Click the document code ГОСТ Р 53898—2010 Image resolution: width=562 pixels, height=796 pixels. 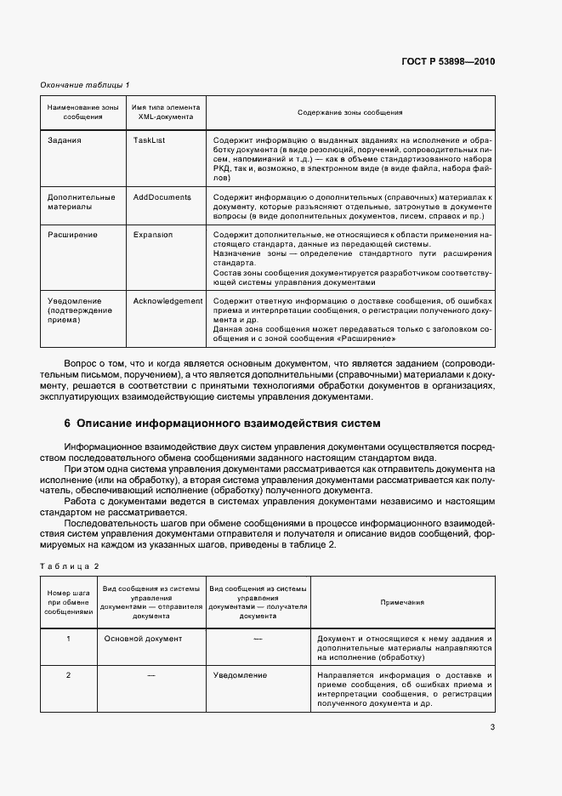(448, 61)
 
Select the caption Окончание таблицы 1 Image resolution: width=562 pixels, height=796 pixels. (84, 85)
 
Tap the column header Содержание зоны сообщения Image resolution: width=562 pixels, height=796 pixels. (349, 112)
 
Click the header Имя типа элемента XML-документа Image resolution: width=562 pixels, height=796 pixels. (166, 112)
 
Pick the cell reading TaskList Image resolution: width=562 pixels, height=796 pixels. (149, 138)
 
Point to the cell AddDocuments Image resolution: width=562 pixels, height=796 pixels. (162, 196)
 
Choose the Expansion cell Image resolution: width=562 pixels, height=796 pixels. (152, 234)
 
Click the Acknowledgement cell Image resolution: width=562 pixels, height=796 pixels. (167, 300)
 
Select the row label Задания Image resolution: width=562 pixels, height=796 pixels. (65, 138)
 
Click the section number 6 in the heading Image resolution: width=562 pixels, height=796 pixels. (67, 423)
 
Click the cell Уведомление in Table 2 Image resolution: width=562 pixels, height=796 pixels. (240, 675)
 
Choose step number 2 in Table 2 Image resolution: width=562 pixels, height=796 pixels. (68, 675)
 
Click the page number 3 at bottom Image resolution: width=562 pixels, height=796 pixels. (492, 726)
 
